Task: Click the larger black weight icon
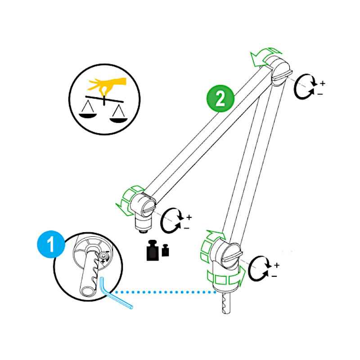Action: click(153, 252)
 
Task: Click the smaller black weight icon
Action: click(165, 251)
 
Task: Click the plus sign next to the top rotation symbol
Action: click(322, 83)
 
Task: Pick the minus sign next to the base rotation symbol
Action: click(274, 276)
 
